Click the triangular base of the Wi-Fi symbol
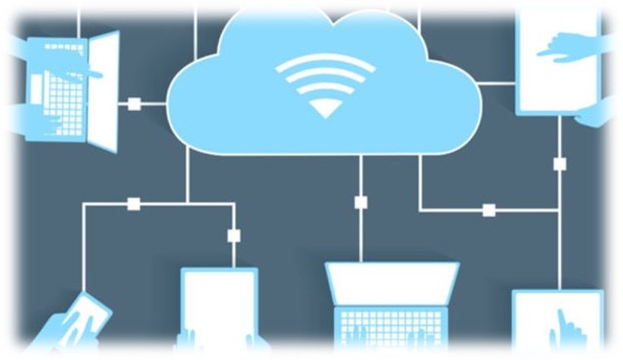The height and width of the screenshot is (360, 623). pyautogui.click(x=324, y=108)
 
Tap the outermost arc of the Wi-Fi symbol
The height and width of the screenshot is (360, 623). pyautogui.click(x=324, y=60)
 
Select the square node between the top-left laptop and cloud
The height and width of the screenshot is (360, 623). pyautogui.click(x=134, y=103)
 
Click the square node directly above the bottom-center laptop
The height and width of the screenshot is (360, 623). pyautogui.click(x=360, y=202)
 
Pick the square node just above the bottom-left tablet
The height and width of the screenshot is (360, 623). pyautogui.click(x=234, y=234)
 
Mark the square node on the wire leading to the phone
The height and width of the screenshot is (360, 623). pyautogui.click(x=133, y=203)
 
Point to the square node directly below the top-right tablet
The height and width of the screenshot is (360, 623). pyautogui.click(x=560, y=163)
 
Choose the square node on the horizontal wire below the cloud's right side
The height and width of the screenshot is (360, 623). pyautogui.click(x=488, y=209)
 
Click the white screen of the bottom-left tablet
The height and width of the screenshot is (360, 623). pyautogui.click(x=219, y=306)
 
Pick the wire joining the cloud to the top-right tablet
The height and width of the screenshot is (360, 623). pyautogui.click(x=497, y=83)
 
